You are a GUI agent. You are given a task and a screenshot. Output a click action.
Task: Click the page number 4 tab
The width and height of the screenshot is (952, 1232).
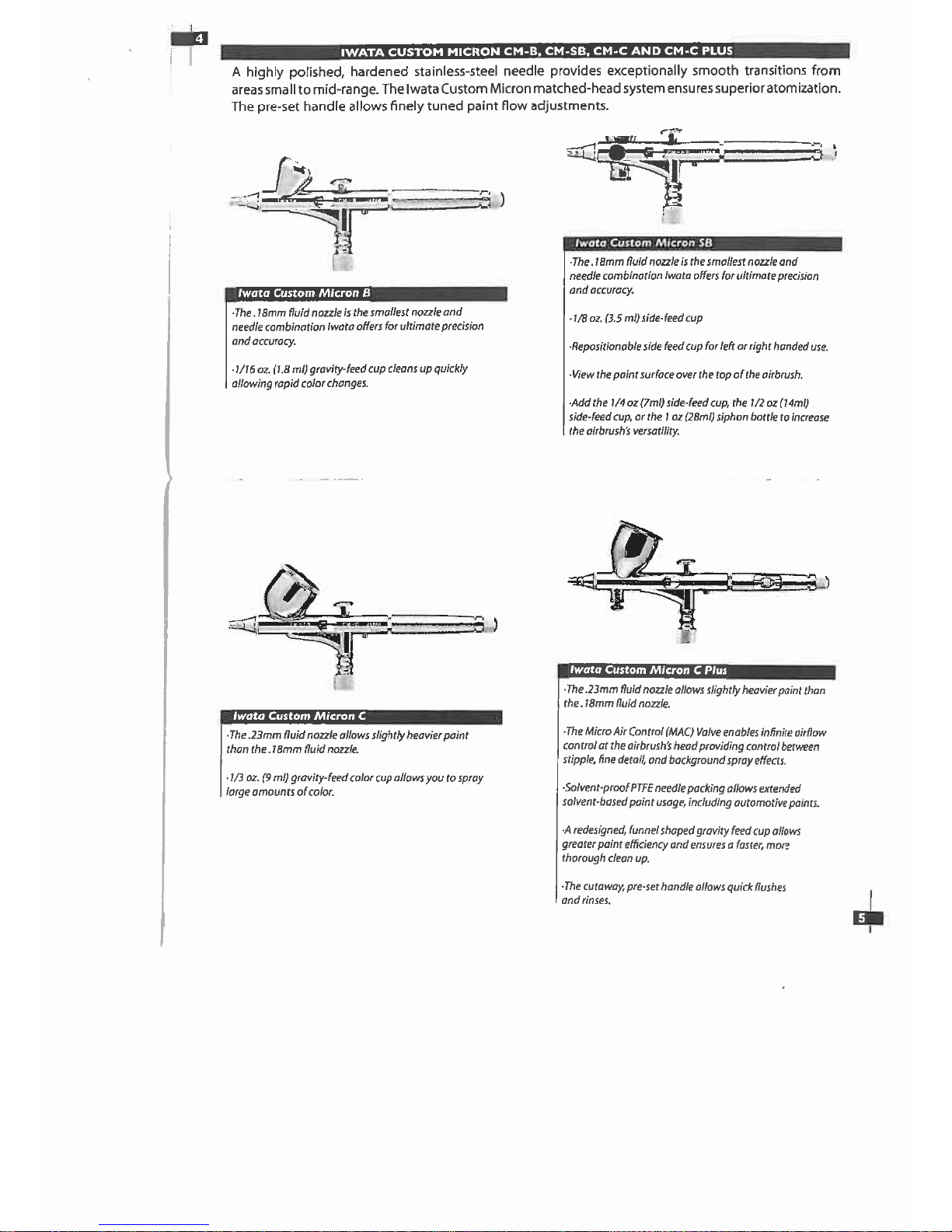(190, 39)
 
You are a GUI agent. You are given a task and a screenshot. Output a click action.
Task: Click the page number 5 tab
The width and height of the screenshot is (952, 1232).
(867, 918)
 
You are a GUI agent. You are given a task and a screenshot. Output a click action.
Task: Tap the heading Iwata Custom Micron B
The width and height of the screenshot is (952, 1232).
(304, 293)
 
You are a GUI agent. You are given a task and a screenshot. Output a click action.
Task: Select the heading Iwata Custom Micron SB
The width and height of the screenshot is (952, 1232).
(643, 243)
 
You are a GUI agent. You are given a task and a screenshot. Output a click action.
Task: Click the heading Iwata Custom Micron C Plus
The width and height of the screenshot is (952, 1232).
(648, 669)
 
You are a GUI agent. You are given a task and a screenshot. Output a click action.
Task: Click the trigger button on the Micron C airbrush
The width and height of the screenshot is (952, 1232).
(343, 606)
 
